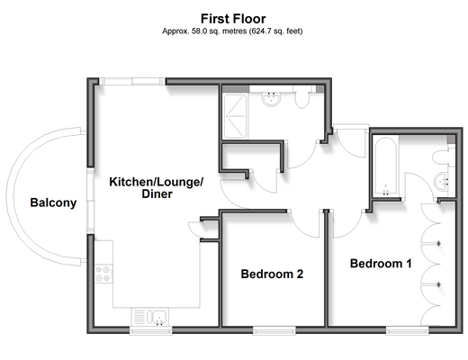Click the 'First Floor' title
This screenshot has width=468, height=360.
click(233, 19)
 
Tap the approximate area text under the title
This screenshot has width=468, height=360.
click(232, 31)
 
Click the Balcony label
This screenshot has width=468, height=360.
click(53, 202)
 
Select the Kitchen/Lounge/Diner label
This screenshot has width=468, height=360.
click(157, 188)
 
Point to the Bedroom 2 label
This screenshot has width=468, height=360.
click(272, 274)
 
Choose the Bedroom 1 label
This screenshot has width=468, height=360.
click(381, 264)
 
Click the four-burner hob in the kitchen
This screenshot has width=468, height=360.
click(103, 274)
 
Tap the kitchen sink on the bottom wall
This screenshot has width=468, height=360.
click(150, 318)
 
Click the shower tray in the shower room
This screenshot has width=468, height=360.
click(236, 116)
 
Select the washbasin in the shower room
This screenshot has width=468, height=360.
click(272, 99)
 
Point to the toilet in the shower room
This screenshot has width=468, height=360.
click(301, 97)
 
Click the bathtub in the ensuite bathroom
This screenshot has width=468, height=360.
click(386, 166)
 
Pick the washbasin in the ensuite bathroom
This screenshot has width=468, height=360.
click(441, 181)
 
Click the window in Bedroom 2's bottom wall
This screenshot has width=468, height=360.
click(274, 331)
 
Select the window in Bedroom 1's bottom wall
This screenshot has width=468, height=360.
click(407, 331)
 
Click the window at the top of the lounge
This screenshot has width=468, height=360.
click(132, 81)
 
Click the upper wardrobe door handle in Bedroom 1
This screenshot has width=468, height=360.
click(438, 243)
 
